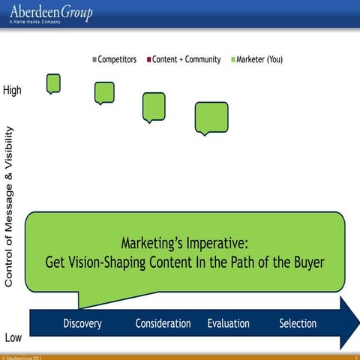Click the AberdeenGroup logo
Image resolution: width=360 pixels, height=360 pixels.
pos(51,11)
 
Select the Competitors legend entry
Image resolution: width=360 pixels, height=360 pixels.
pos(114,59)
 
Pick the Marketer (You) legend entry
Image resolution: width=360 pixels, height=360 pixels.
pos(256,59)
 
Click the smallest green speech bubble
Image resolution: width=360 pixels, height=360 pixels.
pos(53,82)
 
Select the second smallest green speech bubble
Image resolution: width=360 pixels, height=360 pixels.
pos(104,92)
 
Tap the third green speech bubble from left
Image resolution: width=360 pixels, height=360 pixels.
pos(154,106)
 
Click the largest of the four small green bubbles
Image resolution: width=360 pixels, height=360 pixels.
pos(211,117)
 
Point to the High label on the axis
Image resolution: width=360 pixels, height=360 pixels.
pos(13,90)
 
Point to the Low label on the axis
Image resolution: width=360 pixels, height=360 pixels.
pos(13,337)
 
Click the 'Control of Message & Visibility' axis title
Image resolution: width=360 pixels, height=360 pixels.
pos(10,206)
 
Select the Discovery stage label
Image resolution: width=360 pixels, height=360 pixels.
pos(82,324)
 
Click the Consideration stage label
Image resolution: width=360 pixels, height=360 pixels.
pos(163,324)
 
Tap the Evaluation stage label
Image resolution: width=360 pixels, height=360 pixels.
pos(228,324)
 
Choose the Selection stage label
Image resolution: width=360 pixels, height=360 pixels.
pos(298,324)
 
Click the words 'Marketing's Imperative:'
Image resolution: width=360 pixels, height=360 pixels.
pos(184,244)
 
